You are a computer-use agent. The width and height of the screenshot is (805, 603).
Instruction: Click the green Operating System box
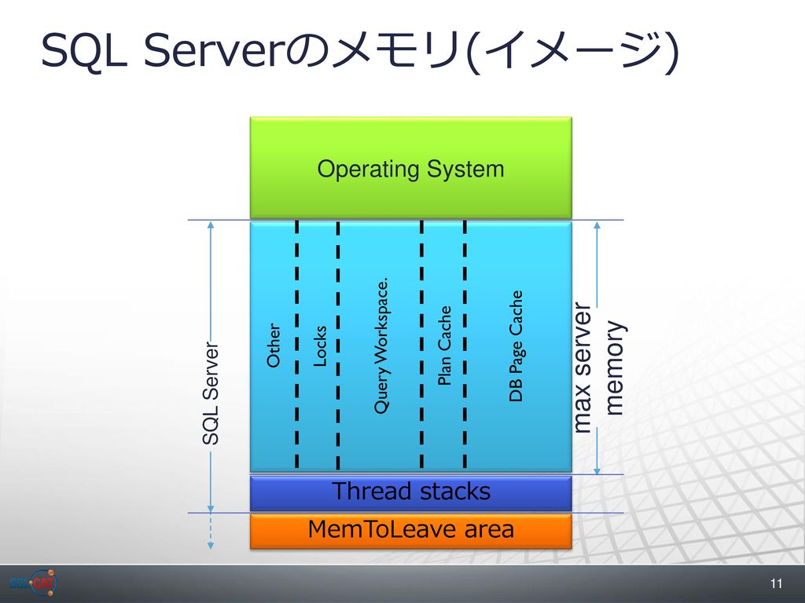[x=410, y=168]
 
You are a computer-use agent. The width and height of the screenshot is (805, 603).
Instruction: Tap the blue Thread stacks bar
[x=410, y=493]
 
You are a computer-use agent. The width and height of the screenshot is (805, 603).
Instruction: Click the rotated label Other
[x=274, y=345]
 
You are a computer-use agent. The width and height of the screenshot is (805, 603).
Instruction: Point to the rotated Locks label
[x=320, y=346]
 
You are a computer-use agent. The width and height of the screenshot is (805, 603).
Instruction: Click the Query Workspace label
[x=381, y=346]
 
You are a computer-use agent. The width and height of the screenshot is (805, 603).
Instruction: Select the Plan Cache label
[x=444, y=345]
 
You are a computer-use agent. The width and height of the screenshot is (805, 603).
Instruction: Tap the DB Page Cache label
[x=516, y=346]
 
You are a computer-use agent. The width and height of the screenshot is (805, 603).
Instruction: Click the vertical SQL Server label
[x=211, y=393]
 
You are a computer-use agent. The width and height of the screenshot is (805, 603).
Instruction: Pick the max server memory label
[x=597, y=367]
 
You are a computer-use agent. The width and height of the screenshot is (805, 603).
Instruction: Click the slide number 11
[x=776, y=583]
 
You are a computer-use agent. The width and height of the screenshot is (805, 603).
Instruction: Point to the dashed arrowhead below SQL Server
[x=211, y=545]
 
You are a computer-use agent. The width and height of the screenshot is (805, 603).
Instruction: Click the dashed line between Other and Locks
[x=296, y=344]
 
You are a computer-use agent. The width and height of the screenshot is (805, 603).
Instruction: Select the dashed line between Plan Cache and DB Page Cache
[x=465, y=344]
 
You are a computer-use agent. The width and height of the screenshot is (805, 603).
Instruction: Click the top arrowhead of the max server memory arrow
[x=597, y=225]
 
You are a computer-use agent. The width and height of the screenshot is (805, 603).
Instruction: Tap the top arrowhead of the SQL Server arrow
[x=211, y=225]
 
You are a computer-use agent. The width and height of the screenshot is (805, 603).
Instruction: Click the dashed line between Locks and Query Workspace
[x=338, y=345]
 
